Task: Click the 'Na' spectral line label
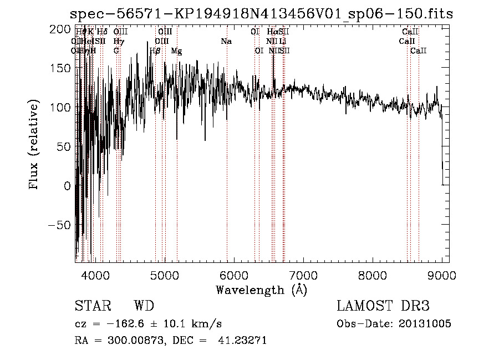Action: coord(226,42)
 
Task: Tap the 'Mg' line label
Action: coord(176,51)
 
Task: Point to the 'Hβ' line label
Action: coord(155,51)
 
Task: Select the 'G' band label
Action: coord(116,50)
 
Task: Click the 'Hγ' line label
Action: coord(118,42)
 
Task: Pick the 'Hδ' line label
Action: coord(102,32)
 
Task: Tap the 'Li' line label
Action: coord(283,42)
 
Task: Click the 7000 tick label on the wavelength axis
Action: coord(303,275)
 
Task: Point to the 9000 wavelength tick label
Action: coord(442,275)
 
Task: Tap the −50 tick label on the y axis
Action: coord(59,225)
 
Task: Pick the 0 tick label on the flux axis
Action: coord(67,185)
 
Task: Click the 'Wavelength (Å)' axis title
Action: coord(261,290)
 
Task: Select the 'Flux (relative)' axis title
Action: coord(34,146)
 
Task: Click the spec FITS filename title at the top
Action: coord(262,14)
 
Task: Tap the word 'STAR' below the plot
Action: coord(93,306)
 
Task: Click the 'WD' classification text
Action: coord(144,306)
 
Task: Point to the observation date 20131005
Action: coord(425,323)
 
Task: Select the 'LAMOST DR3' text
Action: coord(383,306)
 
